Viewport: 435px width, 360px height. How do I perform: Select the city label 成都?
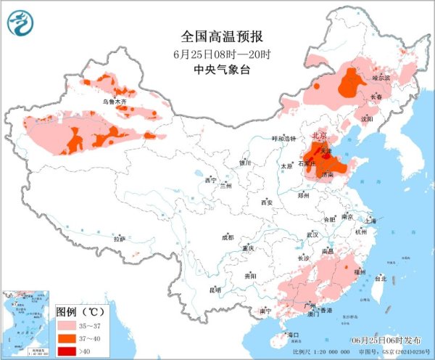pyautogui.click(x=228, y=237)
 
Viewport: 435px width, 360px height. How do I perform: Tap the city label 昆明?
pyautogui.click(x=215, y=290)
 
